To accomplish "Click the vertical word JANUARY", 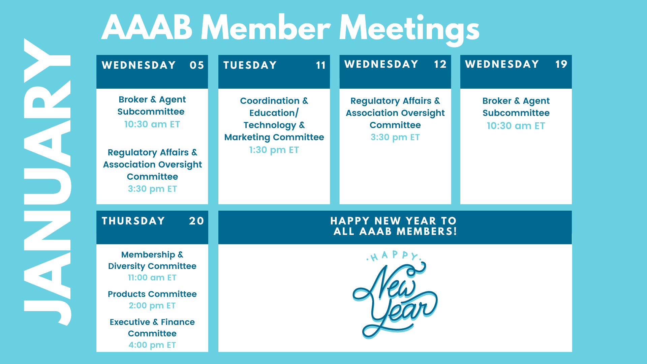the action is [47, 182].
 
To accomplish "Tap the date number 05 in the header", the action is [197, 65].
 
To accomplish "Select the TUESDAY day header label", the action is [250, 65].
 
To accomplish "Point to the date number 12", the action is [440, 64].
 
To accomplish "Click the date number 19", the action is [561, 64].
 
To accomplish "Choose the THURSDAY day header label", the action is [133, 221].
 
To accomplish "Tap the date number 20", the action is [196, 221].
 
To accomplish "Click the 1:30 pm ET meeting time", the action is [274, 150].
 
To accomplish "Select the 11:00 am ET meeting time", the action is [152, 277].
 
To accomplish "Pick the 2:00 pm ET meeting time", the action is [152, 305].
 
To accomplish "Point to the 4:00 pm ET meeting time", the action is [152, 345].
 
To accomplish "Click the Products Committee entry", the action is [152, 294].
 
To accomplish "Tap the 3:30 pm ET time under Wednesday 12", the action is [395, 137].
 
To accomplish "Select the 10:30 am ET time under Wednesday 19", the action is [516, 126].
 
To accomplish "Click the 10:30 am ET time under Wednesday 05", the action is [152, 124].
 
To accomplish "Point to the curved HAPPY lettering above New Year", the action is [394, 256].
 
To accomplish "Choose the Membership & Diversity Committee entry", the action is [152, 260].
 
